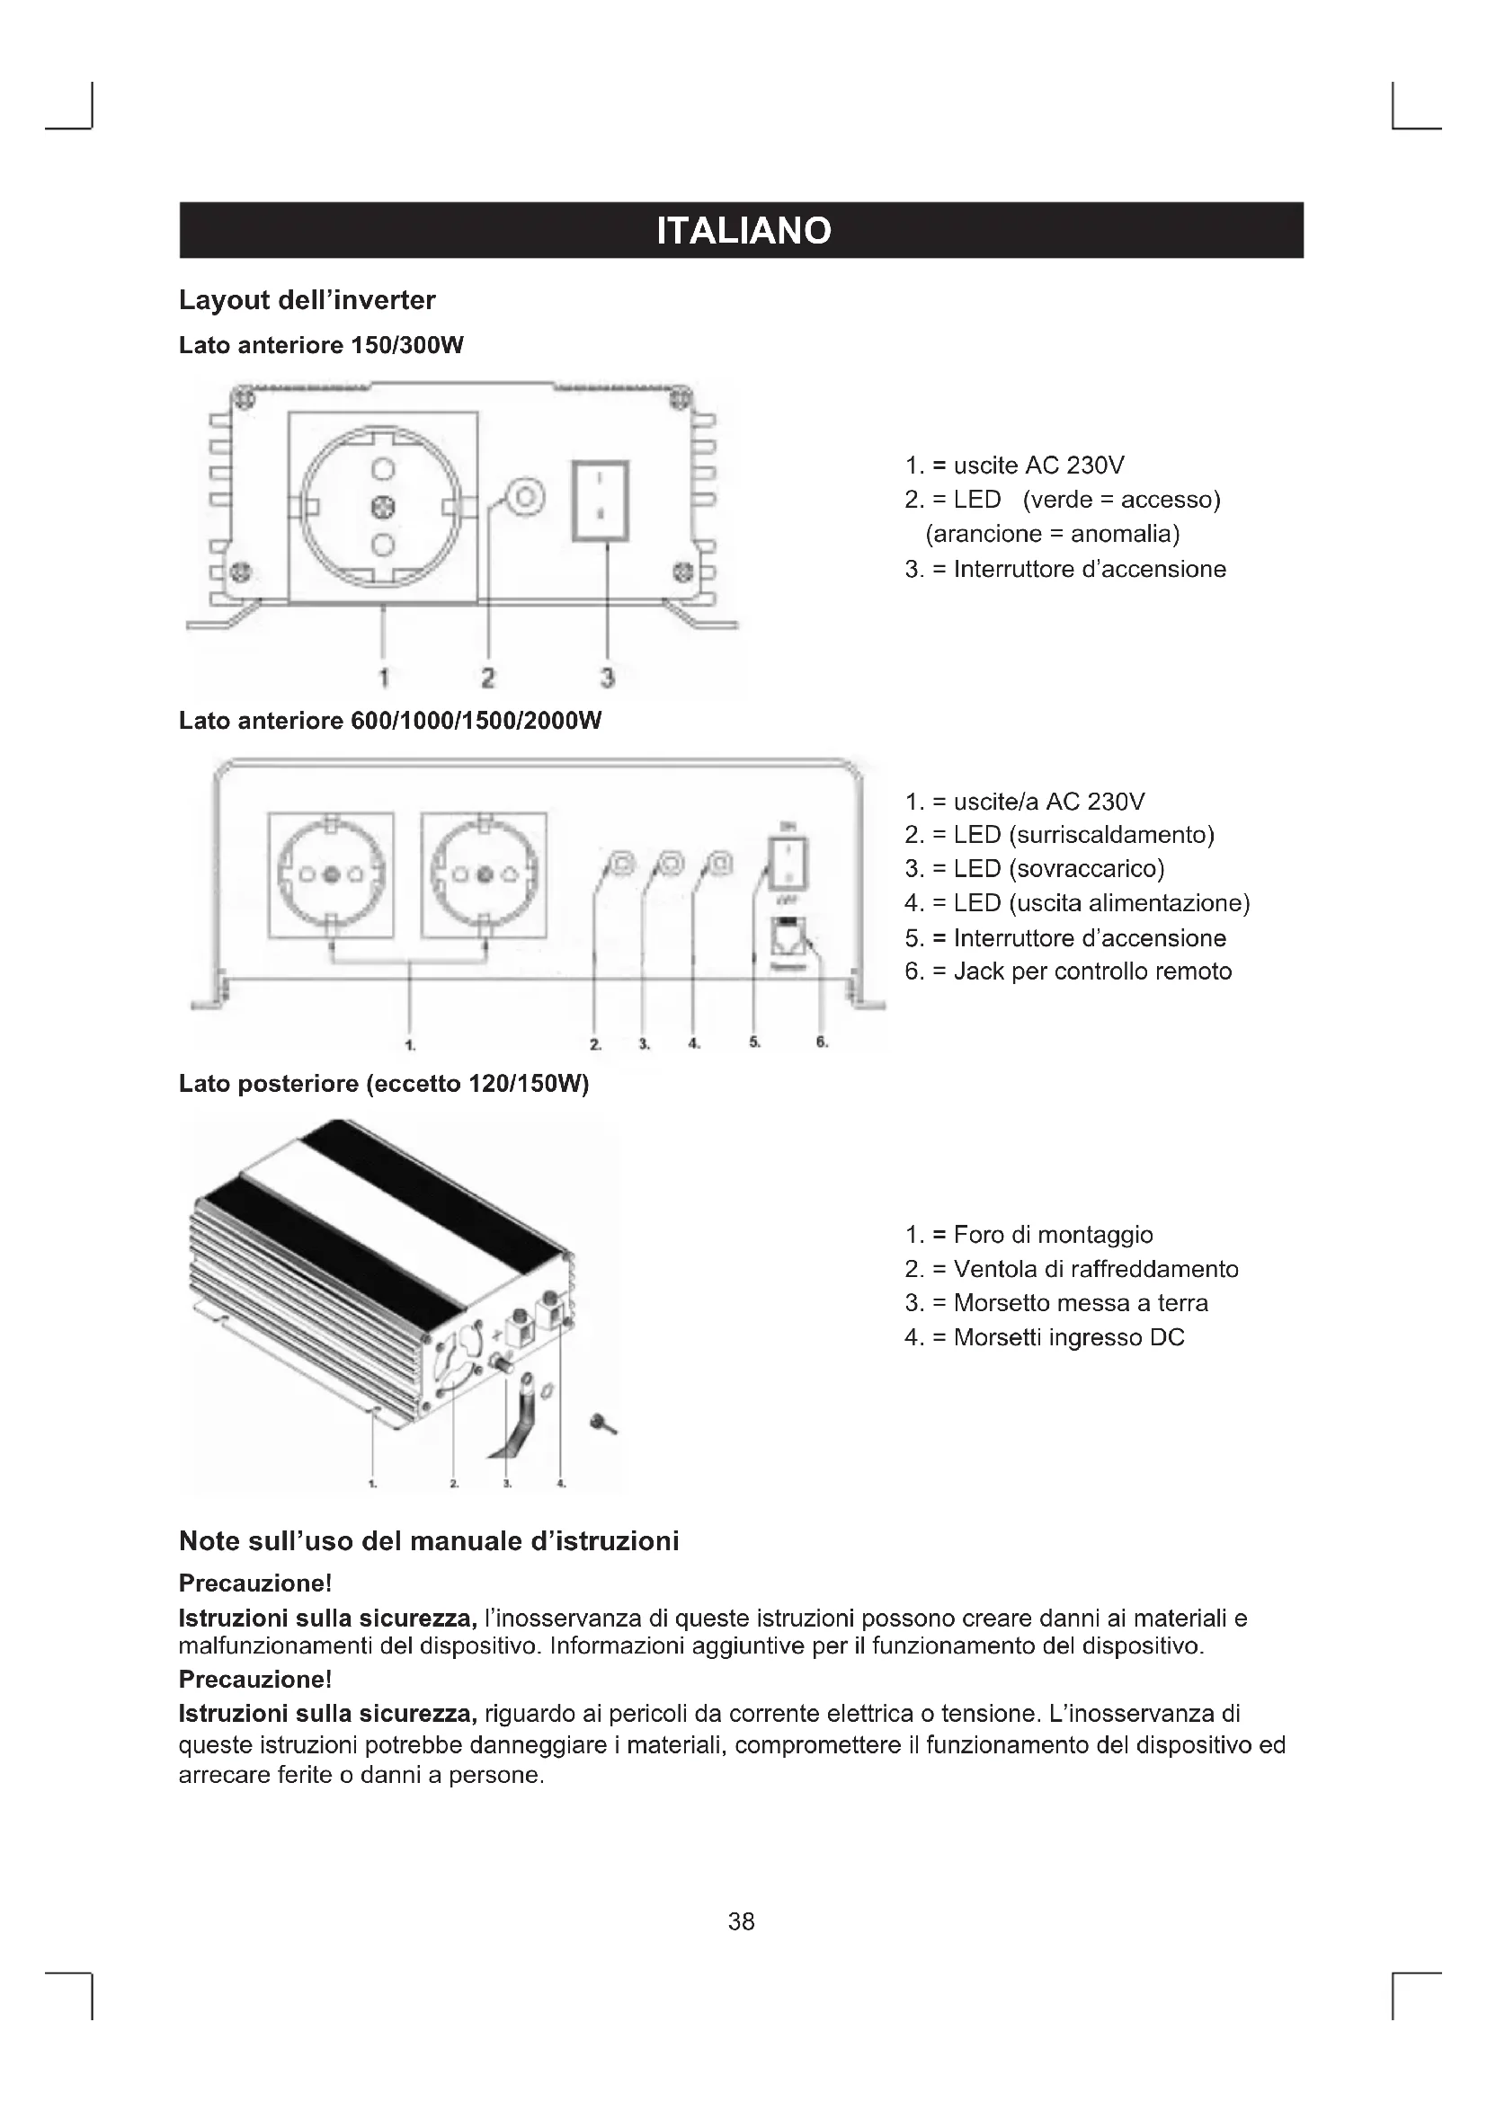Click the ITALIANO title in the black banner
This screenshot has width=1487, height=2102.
coord(743,231)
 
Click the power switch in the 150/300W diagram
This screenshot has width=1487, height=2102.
coord(600,501)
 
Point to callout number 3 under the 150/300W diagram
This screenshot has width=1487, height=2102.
coord(607,678)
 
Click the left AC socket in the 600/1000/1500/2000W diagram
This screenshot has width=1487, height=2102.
coord(332,874)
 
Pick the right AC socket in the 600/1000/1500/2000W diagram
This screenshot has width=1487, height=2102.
coord(484,874)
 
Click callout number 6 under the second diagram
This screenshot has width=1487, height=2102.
coord(822,1042)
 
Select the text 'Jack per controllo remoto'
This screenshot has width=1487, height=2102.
coord(1092,971)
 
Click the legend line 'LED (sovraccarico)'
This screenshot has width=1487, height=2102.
coord(1058,868)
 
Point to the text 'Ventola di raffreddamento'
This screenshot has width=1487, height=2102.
coord(1095,1269)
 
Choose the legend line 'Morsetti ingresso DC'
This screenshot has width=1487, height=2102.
coord(1069,1337)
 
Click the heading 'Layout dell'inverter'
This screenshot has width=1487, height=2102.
coord(307,300)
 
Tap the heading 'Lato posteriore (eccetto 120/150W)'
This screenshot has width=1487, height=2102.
coord(384,1084)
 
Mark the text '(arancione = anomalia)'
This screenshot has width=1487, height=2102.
coord(1052,534)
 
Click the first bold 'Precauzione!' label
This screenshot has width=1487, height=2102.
coord(254,1583)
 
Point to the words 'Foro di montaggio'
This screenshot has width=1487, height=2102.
coord(1053,1235)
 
